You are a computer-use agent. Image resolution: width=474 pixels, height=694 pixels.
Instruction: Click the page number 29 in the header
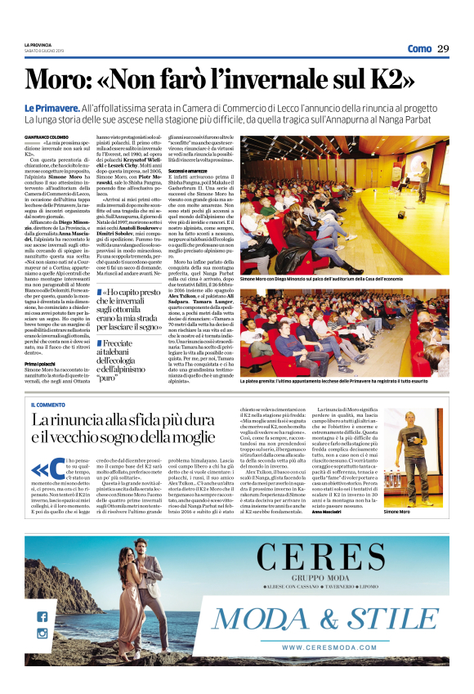442,49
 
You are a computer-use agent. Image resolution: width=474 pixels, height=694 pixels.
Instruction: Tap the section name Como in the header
419,49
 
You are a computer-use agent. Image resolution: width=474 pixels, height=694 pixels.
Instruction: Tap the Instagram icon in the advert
42,634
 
